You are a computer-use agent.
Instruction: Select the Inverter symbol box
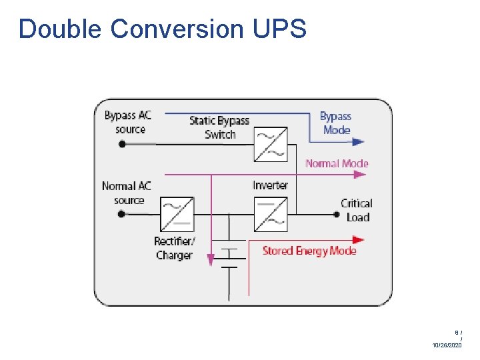(271, 214)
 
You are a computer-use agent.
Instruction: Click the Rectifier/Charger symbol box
(177, 214)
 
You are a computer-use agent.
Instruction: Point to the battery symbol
(229, 257)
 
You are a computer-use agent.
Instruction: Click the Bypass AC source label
(128, 122)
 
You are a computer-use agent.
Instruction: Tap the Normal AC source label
(127, 193)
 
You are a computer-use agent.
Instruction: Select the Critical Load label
(357, 210)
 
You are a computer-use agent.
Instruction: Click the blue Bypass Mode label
(336, 123)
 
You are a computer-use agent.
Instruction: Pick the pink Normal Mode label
(337, 163)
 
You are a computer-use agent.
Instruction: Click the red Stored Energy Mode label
(309, 251)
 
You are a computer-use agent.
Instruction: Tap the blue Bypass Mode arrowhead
(359, 142)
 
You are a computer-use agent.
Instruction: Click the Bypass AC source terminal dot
(122, 143)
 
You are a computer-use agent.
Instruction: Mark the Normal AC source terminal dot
(122, 214)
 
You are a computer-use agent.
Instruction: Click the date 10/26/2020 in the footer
(447, 345)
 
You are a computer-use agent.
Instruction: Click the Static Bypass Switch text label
(219, 127)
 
